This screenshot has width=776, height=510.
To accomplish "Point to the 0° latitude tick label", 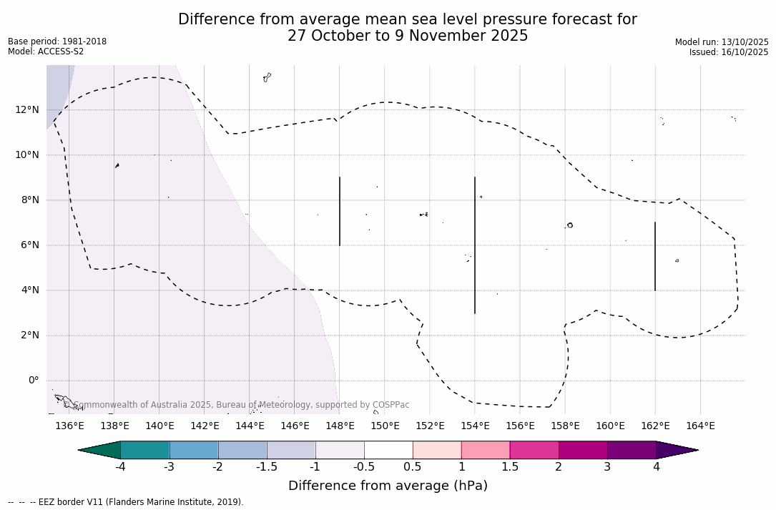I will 33,381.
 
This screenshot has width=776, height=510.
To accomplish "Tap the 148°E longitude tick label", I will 340,426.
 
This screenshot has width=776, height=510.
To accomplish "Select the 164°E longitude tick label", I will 700,426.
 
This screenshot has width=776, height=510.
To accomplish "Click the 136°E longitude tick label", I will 69,426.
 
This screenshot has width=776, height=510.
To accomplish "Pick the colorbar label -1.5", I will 267,467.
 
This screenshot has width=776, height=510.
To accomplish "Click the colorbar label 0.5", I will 413,467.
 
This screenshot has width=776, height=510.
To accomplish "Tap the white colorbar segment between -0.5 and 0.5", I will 388,450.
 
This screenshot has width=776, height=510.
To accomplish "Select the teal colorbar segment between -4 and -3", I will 145,450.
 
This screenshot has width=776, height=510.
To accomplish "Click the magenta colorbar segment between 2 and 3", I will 583,450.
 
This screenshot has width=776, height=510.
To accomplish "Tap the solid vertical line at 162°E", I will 655,256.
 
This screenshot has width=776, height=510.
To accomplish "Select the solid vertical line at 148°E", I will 340,211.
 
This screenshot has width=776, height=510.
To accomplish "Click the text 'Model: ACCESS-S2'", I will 46,52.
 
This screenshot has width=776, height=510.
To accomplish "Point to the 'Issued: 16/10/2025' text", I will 729,52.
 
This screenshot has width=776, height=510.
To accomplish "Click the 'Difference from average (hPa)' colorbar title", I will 388,486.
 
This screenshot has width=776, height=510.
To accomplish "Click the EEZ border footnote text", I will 126,502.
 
